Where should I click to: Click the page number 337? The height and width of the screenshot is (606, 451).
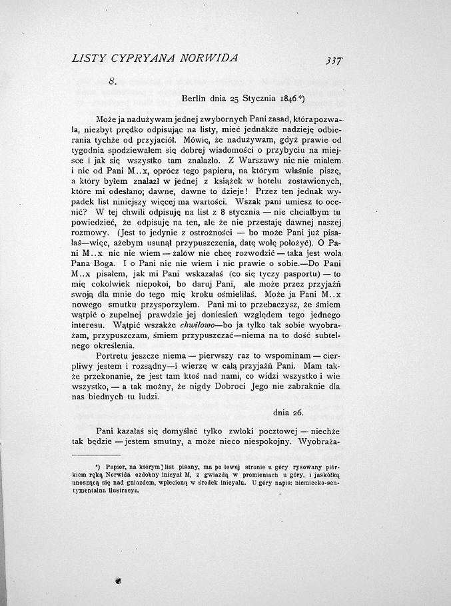point(334,60)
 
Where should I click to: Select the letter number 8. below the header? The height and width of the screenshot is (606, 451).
point(113,81)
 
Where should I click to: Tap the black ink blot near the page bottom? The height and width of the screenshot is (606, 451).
point(118,581)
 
